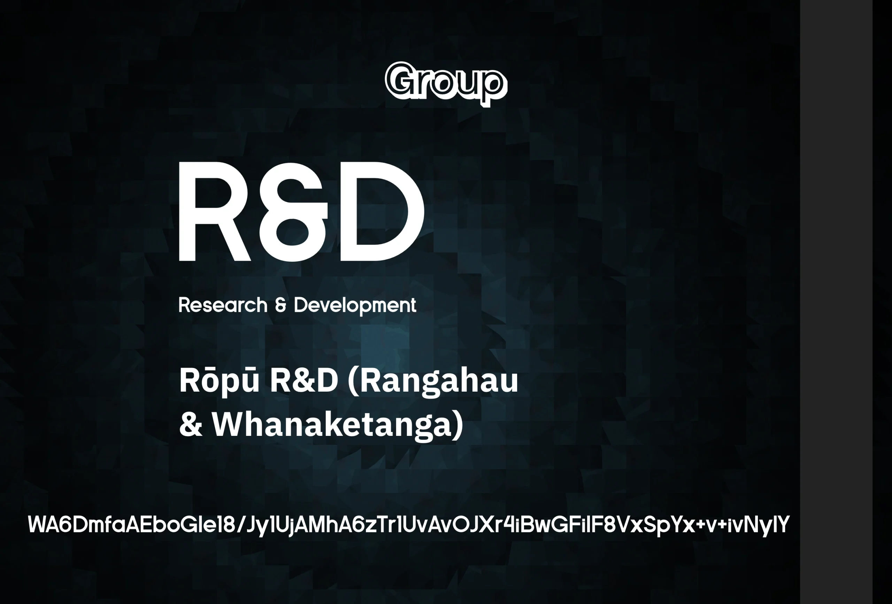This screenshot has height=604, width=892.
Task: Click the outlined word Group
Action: (446, 84)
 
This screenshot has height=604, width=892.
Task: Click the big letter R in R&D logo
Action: (215, 212)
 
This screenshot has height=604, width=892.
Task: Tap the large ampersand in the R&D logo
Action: (294, 212)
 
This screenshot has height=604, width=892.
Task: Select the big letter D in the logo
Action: (382, 212)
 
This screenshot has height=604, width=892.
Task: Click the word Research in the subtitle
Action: (223, 305)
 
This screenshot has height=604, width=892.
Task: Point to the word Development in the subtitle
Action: (355, 306)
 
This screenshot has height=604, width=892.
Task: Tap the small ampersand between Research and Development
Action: (281, 305)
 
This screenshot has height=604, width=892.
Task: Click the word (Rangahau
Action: (432, 382)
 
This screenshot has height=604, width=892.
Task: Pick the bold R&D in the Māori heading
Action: (303, 381)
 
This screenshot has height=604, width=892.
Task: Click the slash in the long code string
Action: (241, 525)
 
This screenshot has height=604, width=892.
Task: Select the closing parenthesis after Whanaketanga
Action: (458, 426)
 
